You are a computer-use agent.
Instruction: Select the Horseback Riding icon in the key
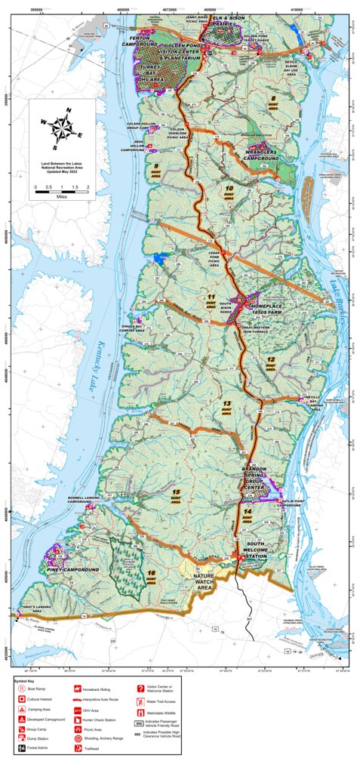(x=78, y=689)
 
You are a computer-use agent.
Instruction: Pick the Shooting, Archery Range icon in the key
(x=78, y=731)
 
